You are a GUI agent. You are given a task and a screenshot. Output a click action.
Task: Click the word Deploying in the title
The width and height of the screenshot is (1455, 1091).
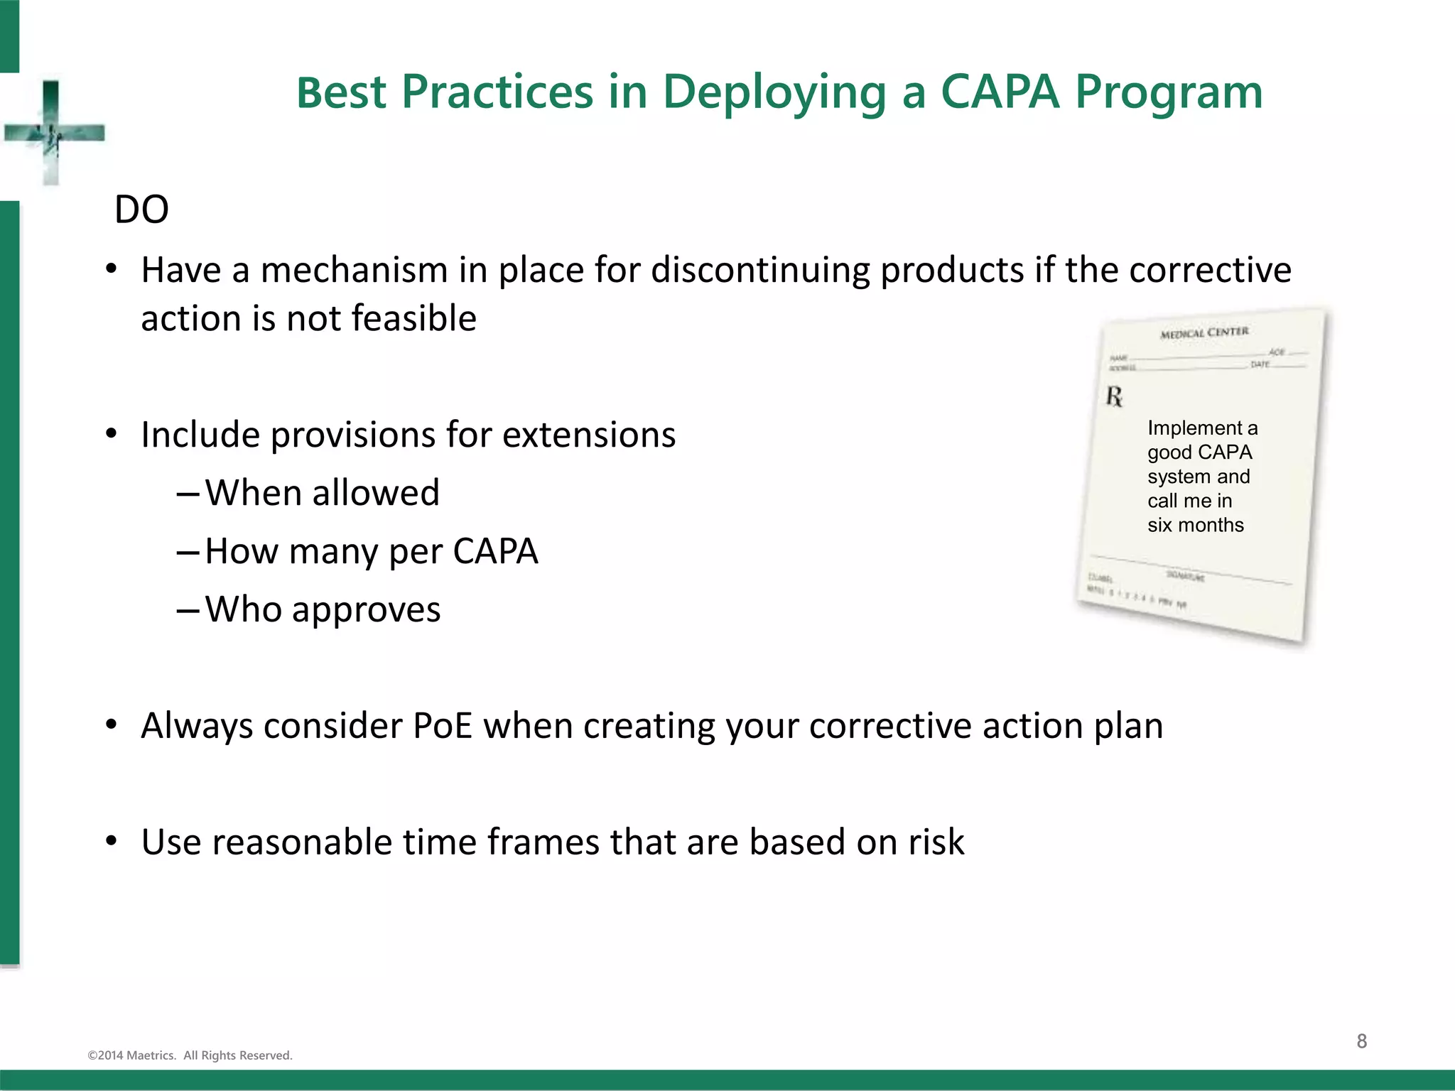pyautogui.click(x=774, y=93)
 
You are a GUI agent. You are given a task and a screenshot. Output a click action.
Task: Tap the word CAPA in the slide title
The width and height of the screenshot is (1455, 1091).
pyautogui.click(x=1000, y=92)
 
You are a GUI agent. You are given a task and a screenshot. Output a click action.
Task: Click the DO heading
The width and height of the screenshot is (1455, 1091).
pyautogui.click(x=141, y=210)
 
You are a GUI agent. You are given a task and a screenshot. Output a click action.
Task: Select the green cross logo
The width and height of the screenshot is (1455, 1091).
pyautogui.click(x=53, y=133)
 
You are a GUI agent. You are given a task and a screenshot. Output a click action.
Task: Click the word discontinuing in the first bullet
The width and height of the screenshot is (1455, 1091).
pyautogui.click(x=760, y=271)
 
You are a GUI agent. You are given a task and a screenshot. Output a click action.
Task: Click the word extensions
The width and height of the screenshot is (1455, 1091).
pyautogui.click(x=589, y=435)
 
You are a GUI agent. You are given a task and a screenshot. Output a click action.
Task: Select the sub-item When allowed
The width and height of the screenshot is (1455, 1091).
pyautogui.click(x=322, y=493)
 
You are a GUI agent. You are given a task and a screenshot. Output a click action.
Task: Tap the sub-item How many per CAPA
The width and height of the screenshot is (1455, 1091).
pyautogui.click(x=371, y=551)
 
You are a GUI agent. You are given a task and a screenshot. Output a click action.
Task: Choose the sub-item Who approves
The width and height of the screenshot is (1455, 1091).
pyautogui.click(x=323, y=609)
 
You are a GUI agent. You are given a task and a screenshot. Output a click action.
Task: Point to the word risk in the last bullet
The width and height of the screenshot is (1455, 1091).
pyautogui.click(x=936, y=842)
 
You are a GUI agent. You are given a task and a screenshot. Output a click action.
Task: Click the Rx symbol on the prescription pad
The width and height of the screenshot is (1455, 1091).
pyautogui.click(x=1114, y=396)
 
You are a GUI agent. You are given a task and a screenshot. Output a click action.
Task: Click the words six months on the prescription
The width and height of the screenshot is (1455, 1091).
pyautogui.click(x=1196, y=526)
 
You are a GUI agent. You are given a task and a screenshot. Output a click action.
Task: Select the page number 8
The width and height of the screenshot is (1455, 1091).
pyautogui.click(x=1361, y=1041)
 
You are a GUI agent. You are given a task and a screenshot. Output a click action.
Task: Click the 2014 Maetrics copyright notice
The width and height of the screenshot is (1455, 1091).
pyautogui.click(x=190, y=1055)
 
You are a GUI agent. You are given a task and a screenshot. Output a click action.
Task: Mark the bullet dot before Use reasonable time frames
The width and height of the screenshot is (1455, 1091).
pyautogui.click(x=111, y=842)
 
